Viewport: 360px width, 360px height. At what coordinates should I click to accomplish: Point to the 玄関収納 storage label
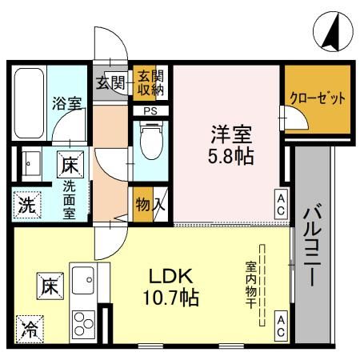pyautogui.click(x=146, y=82)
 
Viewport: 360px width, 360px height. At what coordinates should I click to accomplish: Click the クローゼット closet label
pyautogui.click(x=318, y=99)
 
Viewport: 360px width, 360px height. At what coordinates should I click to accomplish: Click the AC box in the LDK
pyautogui.click(x=282, y=323)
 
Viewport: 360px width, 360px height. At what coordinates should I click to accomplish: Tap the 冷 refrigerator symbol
pyautogui.click(x=29, y=327)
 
